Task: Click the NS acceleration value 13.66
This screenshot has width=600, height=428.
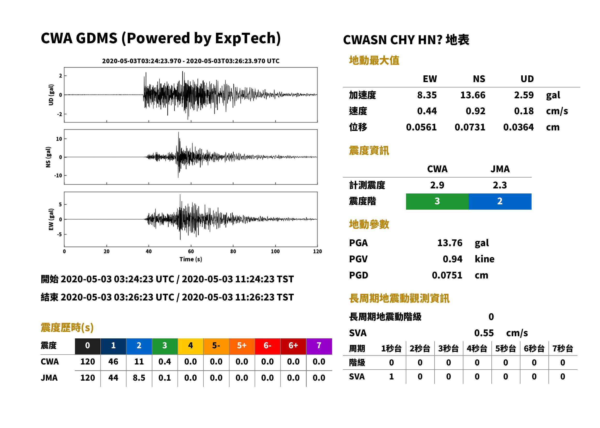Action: pos(473,95)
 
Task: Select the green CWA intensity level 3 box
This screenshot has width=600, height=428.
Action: pos(437,201)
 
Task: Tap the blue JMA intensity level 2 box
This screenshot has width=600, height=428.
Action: pos(500,201)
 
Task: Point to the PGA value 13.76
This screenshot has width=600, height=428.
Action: pos(450,243)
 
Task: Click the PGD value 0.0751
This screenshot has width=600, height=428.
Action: pos(447,275)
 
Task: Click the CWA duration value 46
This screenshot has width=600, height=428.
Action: pos(113,362)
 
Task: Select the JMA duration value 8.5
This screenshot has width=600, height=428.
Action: pos(139,378)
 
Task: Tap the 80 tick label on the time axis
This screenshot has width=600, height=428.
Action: pos(233,251)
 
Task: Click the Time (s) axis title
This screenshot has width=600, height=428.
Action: pos(191,259)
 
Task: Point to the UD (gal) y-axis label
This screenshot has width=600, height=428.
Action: pos(51,95)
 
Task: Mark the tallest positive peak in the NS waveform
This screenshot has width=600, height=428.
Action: pos(178,132)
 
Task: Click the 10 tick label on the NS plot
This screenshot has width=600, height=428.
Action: pos(59,139)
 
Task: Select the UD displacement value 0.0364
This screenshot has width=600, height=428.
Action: pos(518,127)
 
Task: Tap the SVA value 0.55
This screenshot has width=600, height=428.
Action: pos(484,333)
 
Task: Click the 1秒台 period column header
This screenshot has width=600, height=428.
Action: pos(391,349)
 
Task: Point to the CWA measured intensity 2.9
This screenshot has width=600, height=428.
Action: pos(437,185)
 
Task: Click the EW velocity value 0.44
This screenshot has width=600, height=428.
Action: pos(427,111)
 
